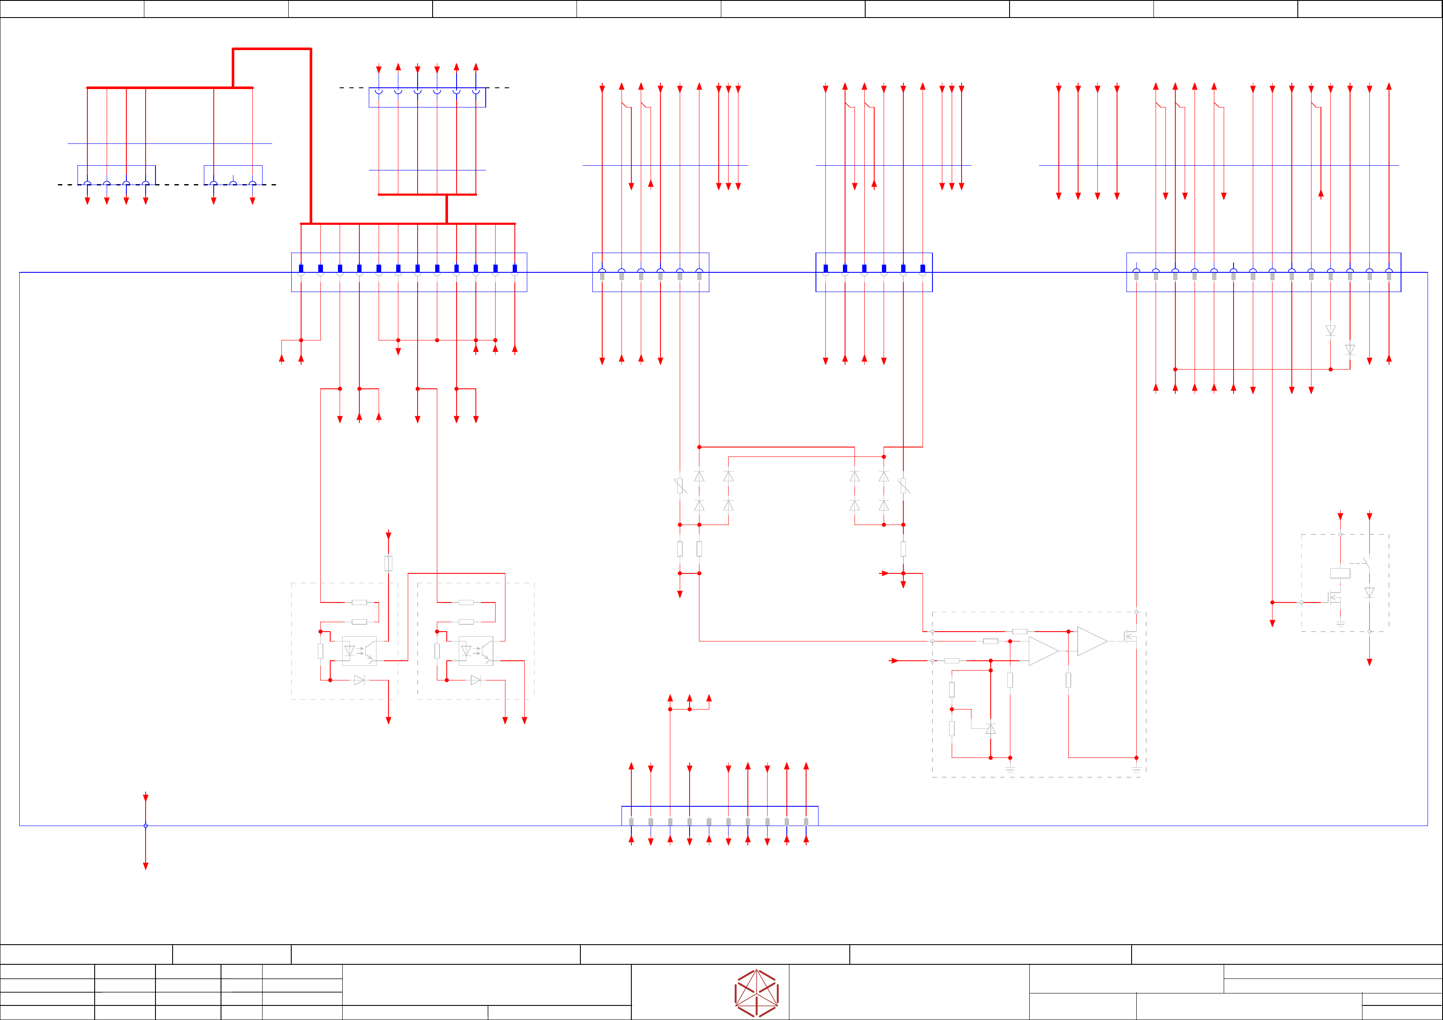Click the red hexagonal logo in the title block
pyautogui.click(x=757, y=993)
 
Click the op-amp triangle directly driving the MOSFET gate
pyautogui.click(x=1092, y=641)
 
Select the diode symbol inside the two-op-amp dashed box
pyautogui.click(x=991, y=729)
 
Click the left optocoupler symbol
pyautogui.click(x=359, y=651)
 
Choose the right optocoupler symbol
pyautogui.click(x=476, y=651)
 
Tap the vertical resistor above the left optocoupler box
pyautogui.click(x=388, y=563)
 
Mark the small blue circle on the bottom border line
pyautogui.click(x=145, y=826)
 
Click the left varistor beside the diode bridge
pyautogui.click(x=680, y=485)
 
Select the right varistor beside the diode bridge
pyautogui.click(x=904, y=485)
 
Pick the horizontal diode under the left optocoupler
pyautogui.click(x=359, y=680)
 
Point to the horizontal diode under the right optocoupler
pyautogui.click(x=476, y=680)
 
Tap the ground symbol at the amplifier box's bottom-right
pyautogui.click(x=1136, y=769)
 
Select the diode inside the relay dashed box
pyautogui.click(x=1369, y=593)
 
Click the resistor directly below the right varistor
pyautogui.click(x=903, y=549)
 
